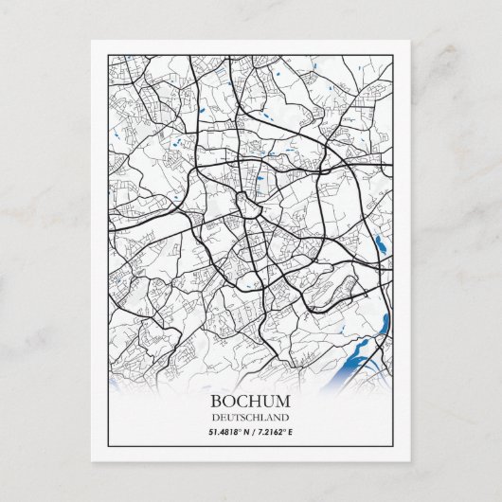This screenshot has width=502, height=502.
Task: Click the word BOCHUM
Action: point(251,400)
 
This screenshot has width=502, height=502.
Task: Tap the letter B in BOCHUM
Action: point(218,400)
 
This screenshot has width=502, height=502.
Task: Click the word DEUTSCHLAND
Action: point(251,417)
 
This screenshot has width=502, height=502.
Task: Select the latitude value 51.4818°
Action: point(224,432)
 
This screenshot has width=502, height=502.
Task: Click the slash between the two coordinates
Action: point(251,432)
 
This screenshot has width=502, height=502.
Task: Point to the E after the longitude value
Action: point(290,432)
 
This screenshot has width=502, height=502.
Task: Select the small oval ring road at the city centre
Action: point(248,205)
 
